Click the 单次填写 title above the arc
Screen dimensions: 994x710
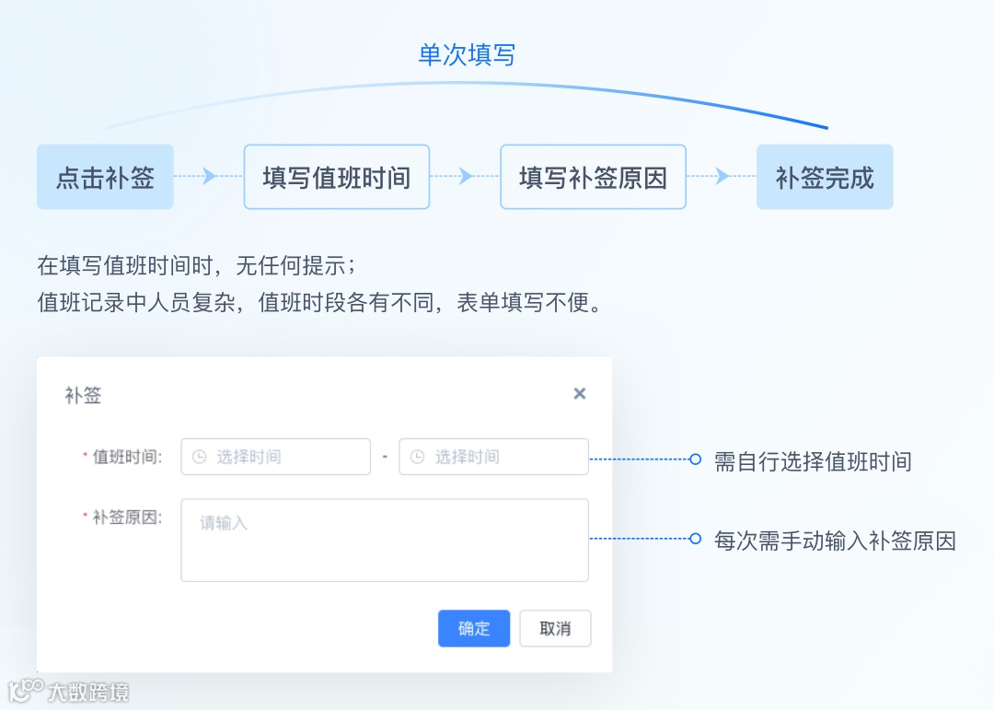point(467,55)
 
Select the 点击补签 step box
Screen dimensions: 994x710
point(105,177)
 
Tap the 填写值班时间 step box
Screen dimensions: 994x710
point(336,177)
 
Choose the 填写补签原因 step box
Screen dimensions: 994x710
point(593,177)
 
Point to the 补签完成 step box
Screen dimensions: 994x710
point(825,177)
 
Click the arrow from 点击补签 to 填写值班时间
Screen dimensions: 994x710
point(209,176)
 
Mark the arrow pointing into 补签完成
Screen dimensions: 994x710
point(722,176)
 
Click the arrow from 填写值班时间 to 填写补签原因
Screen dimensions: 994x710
point(466,176)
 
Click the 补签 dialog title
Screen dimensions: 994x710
point(83,396)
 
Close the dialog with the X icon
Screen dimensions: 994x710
point(580,394)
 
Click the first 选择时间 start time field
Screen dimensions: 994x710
point(276,457)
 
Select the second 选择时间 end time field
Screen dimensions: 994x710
point(494,457)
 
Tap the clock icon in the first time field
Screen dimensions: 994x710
point(199,457)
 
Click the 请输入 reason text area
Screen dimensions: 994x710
point(385,540)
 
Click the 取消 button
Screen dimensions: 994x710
point(555,629)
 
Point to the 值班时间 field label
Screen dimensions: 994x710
point(127,457)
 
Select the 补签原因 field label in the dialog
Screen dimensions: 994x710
point(127,518)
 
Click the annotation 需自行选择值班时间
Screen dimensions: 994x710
point(813,460)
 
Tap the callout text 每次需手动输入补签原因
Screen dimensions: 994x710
point(835,541)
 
